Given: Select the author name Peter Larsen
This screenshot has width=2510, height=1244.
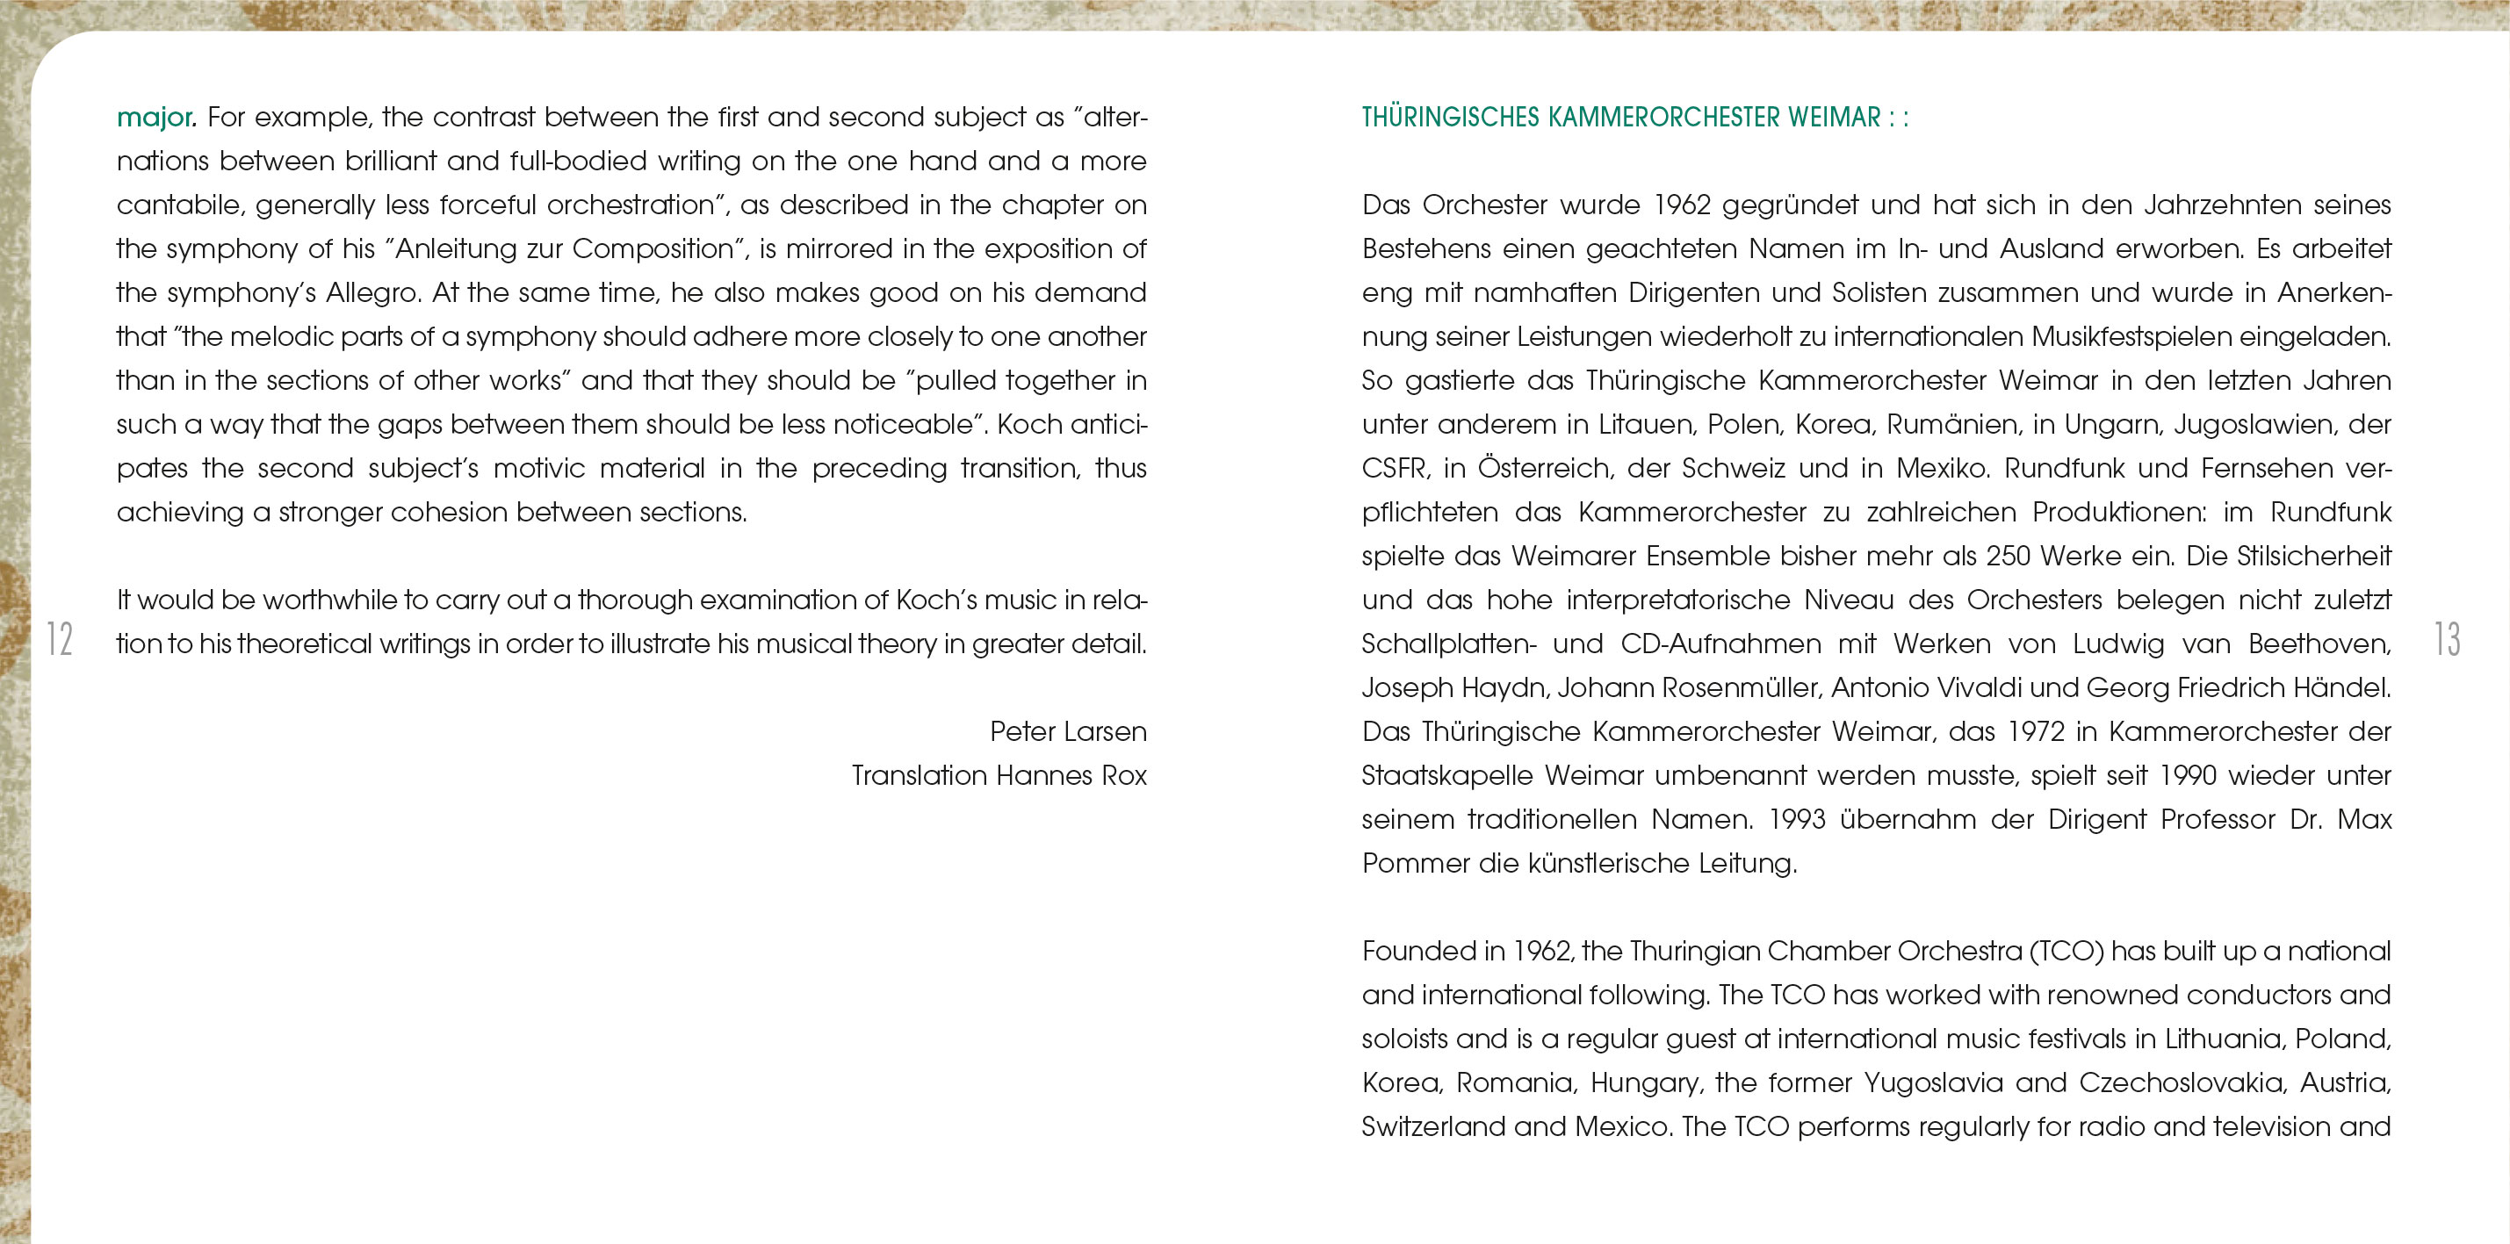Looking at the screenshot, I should pos(1068,731).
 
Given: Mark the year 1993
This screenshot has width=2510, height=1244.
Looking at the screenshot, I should pos(1797,819).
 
